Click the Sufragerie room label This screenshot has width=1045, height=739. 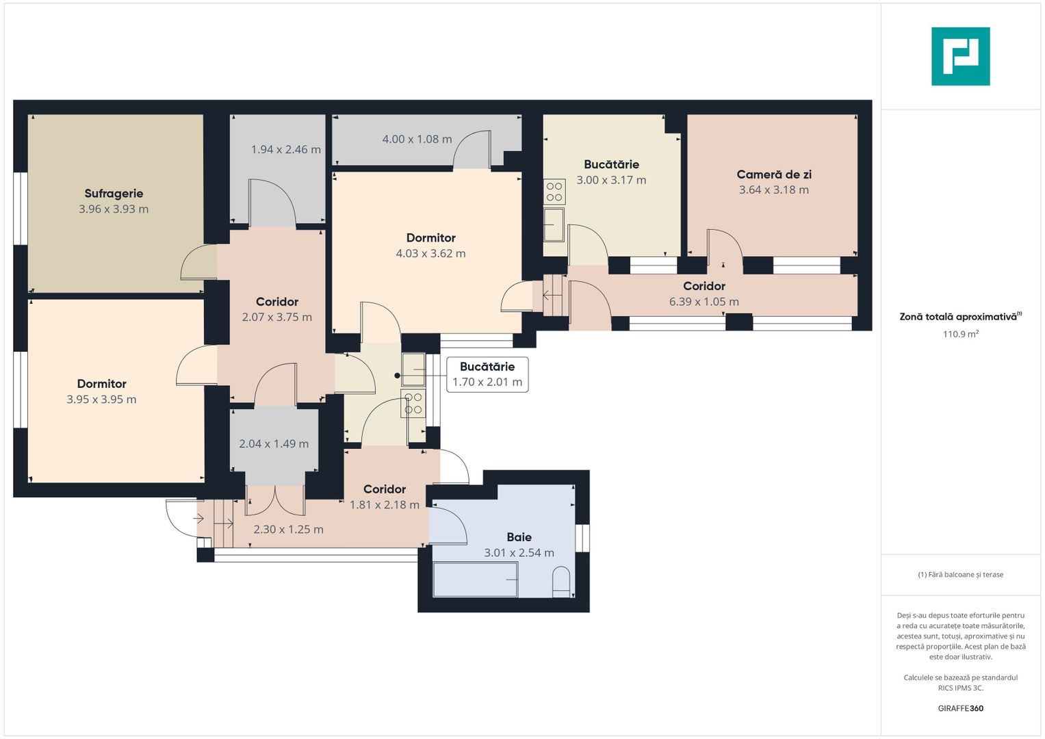click(x=114, y=194)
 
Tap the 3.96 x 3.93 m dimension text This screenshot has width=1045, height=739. click(x=114, y=209)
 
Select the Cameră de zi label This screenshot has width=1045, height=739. click(x=774, y=174)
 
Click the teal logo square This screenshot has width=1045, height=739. click(x=961, y=56)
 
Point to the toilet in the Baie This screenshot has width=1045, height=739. click(x=560, y=582)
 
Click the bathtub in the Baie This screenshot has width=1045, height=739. click(x=476, y=580)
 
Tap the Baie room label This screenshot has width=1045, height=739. click(x=519, y=537)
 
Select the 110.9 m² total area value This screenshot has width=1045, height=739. click(x=961, y=334)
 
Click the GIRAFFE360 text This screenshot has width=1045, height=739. click(x=961, y=708)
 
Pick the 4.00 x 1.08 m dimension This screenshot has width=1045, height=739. click(x=417, y=139)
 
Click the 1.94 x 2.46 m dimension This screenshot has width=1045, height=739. click(x=286, y=150)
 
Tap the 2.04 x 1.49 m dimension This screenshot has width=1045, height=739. click(x=274, y=443)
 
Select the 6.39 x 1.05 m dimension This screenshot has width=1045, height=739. click(x=704, y=302)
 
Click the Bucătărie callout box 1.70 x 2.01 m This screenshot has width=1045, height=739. click(x=487, y=375)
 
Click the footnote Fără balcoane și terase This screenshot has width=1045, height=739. click(x=961, y=575)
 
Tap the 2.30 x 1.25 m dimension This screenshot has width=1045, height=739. click(x=288, y=530)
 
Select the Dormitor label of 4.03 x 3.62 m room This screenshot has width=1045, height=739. click(x=431, y=238)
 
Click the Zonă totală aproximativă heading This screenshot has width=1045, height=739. click(x=961, y=317)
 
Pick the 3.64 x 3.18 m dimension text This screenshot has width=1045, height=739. click(x=774, y=190)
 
